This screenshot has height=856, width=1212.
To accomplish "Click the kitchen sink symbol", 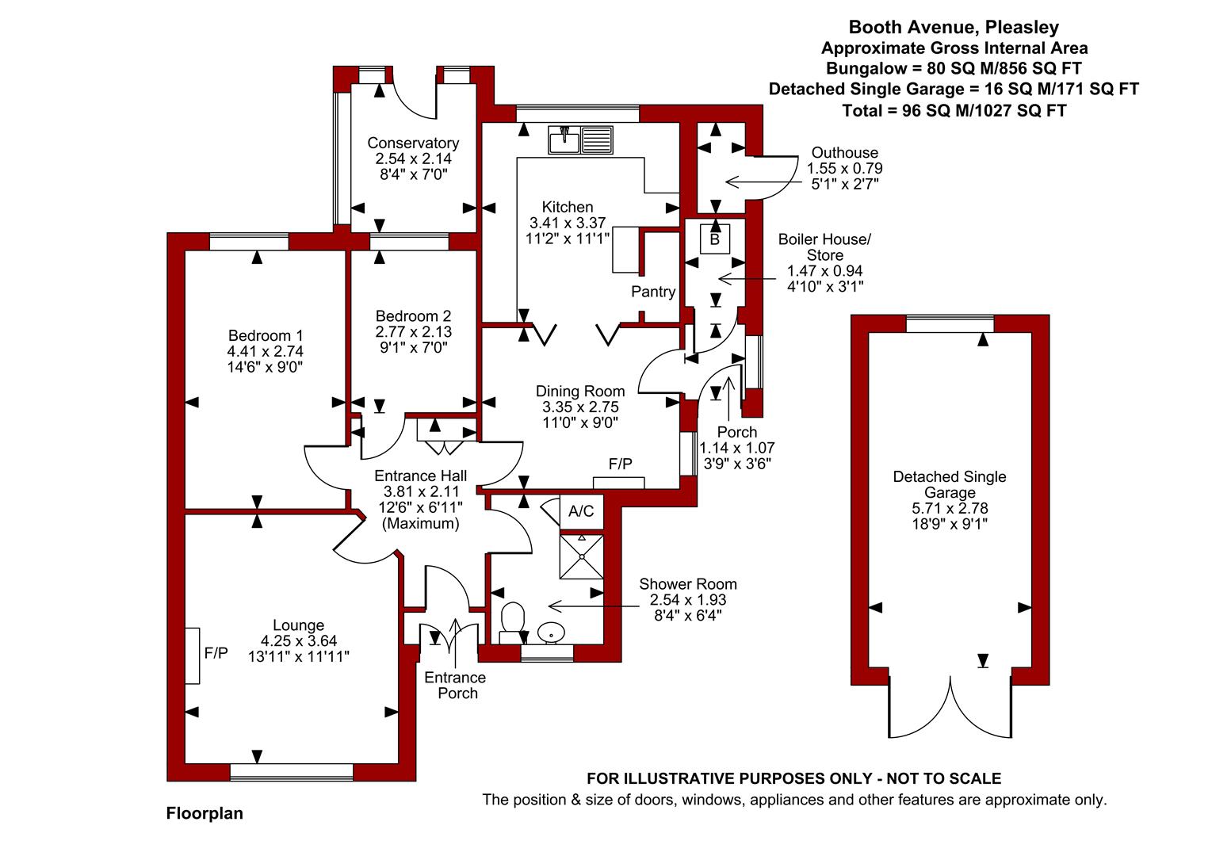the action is pyautogui.click(x=580, y=139).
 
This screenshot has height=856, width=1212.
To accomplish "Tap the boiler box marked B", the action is pyautogui.click(x=715, y=239).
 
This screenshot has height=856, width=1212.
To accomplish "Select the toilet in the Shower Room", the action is pyautogui.click(x=512, y=623).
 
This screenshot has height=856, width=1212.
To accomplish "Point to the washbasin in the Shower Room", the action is pyautogui.click(x=552, y=632).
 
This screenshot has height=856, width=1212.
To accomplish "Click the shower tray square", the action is pyautogui.click(x=582, y=556).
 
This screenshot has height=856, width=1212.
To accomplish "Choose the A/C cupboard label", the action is pyautogui.click(x=581, y=510).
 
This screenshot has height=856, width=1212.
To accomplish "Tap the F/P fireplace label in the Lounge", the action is pyautogui.click(x=216, y=653).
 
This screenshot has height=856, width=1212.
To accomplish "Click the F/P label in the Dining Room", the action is pyautogui.click(x=620, y=464).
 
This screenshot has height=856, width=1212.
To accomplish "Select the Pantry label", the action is pyautogui.click(x=653, y=292).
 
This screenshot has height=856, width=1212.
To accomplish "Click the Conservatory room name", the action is pyautogui.click(x=413, y=143).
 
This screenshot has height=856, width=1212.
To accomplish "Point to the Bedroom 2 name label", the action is pyautogui.click(x=413, y=316).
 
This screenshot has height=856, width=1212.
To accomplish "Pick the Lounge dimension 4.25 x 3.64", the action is pyautogui.click(x=299, y=640).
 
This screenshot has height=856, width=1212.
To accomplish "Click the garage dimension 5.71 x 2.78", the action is pyautogui.click(x=950, y=508).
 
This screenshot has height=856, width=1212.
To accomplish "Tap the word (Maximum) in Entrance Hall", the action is pyautogui.click(x=420, y=523).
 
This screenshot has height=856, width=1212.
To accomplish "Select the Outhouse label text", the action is pyautogui.click(x=845, y=153).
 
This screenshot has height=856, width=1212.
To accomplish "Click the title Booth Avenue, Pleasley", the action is pyautogui.click(x=954, y=27).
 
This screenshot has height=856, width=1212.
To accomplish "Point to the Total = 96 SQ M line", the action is pyautogui.click(x=954, y=111).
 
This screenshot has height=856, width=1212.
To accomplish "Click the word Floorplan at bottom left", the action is pyautogui.click(x=205, y=813).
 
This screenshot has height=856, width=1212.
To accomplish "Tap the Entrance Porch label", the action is pyautogui.click(x=455, y=685).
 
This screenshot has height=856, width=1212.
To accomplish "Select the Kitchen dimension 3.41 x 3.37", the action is pyautogui.click(x=568, y=223).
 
